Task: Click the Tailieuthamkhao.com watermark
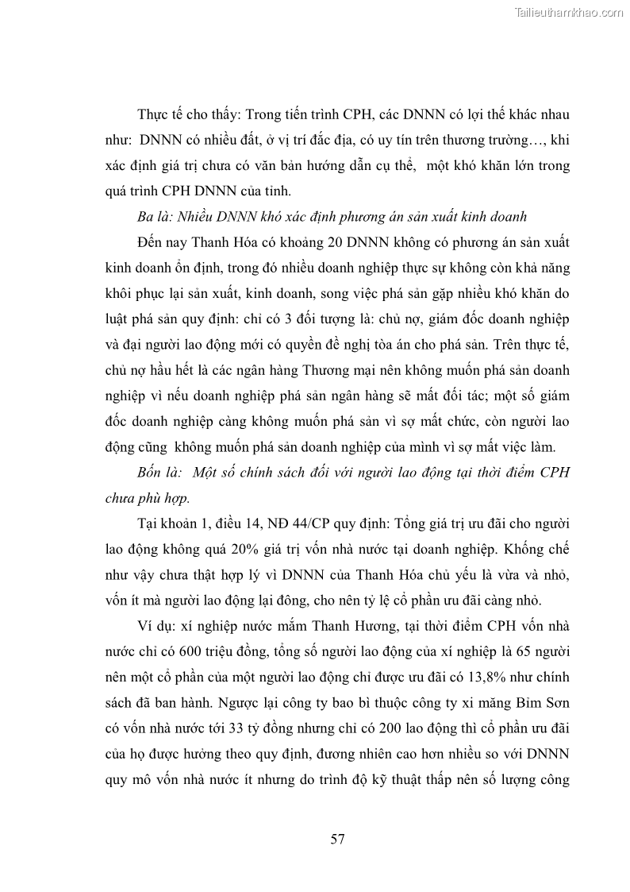[569, 12]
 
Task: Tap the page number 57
[337, 839]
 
